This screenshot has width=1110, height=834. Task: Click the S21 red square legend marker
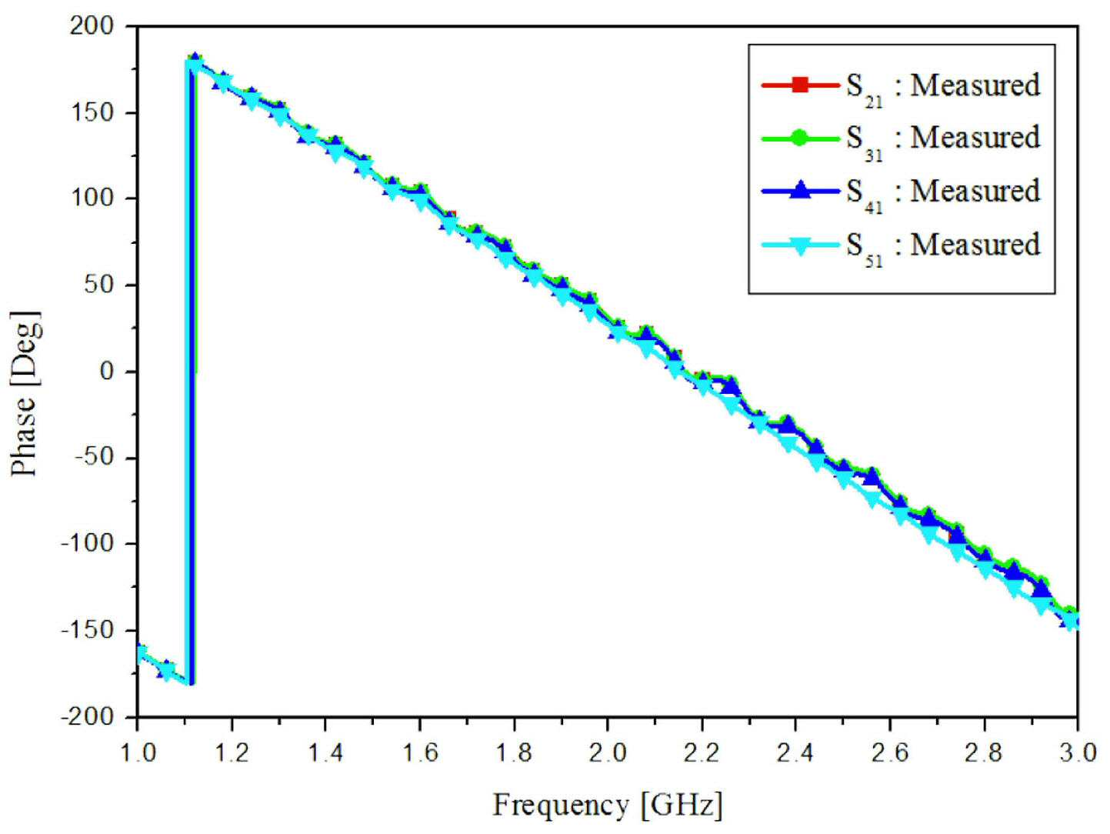[x=799, y=85]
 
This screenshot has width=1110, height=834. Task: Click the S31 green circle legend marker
[x=799, y=138]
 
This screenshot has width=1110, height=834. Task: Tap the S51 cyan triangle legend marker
[x=799, y=245]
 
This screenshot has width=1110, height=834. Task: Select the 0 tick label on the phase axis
[x=107, y=372]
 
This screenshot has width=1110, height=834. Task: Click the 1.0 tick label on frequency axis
[x=138, y=753]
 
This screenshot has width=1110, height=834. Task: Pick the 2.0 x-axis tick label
[x=608, y=753]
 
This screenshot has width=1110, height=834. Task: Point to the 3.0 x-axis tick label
[x=1078, y=753]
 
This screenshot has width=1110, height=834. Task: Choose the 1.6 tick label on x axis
[x=420, y=753]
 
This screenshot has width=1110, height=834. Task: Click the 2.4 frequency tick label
[x=796, y=753]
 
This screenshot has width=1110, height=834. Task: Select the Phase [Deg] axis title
[x=25, y=393]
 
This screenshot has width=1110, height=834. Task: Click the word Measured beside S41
[x=975, y=191]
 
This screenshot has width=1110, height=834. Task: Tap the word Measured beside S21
[x=975, y=85]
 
